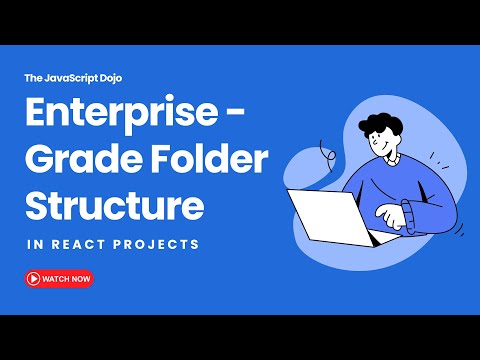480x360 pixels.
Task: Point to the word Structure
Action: point(115,204)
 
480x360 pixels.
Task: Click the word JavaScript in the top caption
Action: point(70,76)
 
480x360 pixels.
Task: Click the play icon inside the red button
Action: point(33,279)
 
